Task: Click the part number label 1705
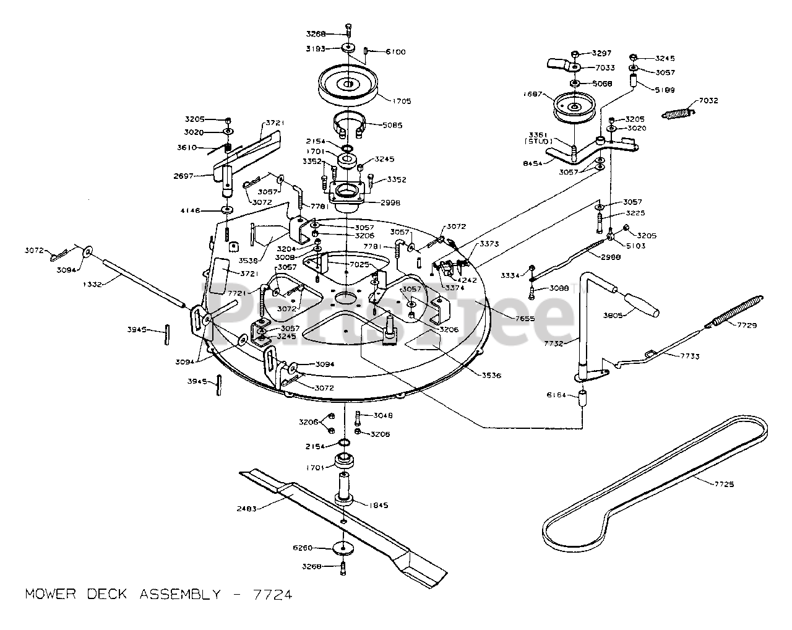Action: tap(400, 101)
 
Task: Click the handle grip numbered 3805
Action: tap(640, 304)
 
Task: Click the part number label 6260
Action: tap(303, 548)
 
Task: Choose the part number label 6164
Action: tap(557, 394)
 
